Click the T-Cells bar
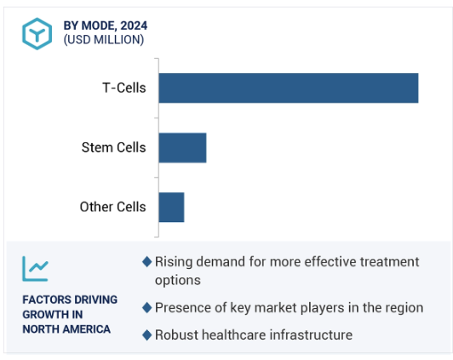289,88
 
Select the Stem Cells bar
182,148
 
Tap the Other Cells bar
171,208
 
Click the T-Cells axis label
124,88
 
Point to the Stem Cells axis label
113,147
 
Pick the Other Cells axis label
112,207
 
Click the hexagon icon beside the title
37,34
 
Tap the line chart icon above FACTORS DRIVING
35,268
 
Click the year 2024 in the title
134,26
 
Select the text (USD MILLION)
104,39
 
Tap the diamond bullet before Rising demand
147,262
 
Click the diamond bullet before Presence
147,308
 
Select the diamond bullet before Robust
147,335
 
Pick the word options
178,280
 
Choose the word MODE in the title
99,26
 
